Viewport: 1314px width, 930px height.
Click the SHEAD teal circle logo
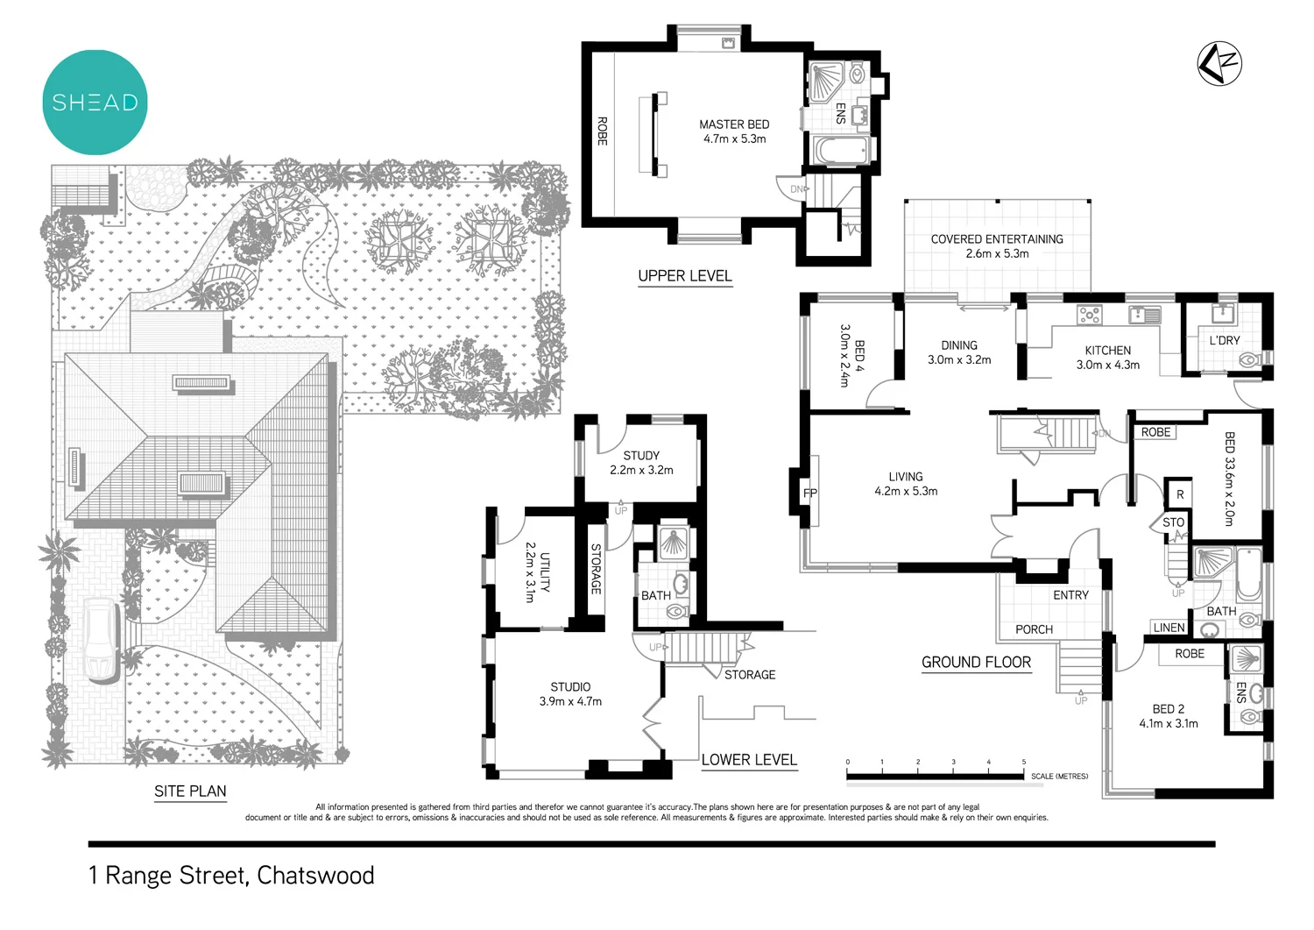95,103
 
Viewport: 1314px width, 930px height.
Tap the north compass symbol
1219,63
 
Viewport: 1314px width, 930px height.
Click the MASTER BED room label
734,124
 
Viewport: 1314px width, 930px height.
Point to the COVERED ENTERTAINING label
997,239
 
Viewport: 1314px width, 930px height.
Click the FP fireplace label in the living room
810,493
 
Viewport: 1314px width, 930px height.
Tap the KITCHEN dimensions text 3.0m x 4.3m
1108,365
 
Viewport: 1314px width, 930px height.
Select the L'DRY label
1224,340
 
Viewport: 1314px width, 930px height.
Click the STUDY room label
641,456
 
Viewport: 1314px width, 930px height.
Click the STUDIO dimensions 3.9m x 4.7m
570,701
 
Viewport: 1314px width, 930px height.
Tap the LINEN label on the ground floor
1169,628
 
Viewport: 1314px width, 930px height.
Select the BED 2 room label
1168,709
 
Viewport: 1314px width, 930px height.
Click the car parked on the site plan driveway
102,641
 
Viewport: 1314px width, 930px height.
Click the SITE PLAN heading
190,791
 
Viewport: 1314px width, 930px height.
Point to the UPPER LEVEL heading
684,276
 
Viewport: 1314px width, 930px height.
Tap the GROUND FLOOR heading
976,663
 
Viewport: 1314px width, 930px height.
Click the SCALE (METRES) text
1059,777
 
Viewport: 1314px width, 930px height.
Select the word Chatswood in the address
315,876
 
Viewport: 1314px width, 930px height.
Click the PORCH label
1034,629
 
